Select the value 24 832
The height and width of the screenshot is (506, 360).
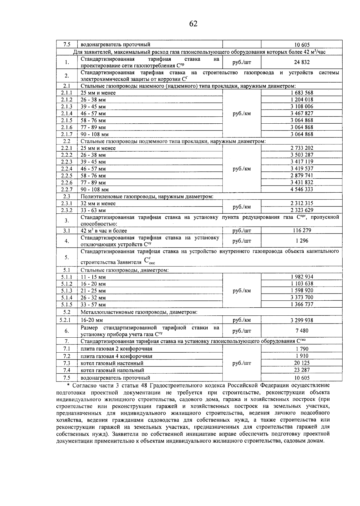click(x=301, y=62)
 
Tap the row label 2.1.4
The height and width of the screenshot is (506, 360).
click(x=67, y=113)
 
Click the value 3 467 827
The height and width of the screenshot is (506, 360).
click(x=301, y=113)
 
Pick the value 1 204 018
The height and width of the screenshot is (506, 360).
click(x=301, y=100)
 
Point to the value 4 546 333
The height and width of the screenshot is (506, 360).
click(x=301, y=189)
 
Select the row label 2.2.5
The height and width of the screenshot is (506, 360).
click(x=67, y=176)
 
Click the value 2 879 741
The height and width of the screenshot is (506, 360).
click(x=301, y=176)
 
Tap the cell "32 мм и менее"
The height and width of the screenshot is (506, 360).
click(x=98, y=203)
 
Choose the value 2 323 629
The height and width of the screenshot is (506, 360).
click(x=301, y=210)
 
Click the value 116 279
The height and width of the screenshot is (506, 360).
click(x=301, y=230)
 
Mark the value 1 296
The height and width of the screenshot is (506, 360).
click(x=301, y=241)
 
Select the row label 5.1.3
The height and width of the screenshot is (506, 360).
click(x=67, y=291)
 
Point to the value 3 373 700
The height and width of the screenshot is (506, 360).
click(x=301, y=298)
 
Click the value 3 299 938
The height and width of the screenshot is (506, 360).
click(x=301, y=320)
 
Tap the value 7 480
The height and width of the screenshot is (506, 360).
click(x=301, y=331)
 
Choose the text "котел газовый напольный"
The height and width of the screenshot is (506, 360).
click(x=112, y=370)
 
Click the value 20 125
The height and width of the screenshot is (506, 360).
click(x=301, y=363)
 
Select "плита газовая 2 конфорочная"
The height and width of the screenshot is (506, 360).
click(x=116, y=349)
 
